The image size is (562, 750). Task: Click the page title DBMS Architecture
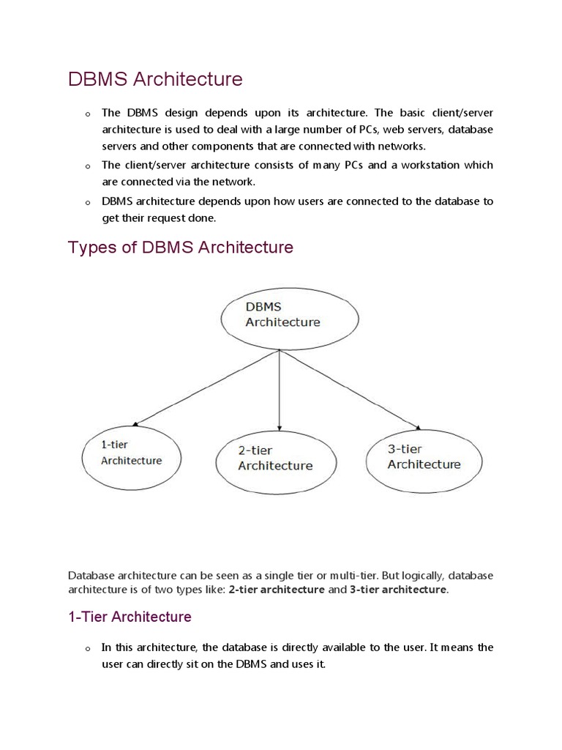pos(154,79)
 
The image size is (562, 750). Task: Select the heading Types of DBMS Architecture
pos(180,248)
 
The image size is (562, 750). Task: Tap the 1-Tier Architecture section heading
pos(130,617)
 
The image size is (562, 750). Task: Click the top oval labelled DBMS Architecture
pos(290,315)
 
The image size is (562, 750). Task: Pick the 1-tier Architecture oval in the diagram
pos(132,453)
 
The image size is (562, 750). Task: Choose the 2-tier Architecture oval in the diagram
pos(276,458)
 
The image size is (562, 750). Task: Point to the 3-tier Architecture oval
pos(424,457)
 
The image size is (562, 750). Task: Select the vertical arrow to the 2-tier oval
pos(279,388)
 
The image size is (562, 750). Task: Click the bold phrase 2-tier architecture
pos(277,590)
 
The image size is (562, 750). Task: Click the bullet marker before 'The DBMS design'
pos(87,114)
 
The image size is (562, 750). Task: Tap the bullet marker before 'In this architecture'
pos(87,649)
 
